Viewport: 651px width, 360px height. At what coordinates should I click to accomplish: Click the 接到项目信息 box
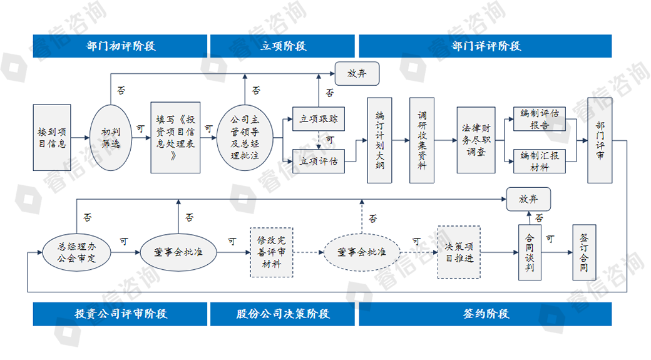(x=51, y=137)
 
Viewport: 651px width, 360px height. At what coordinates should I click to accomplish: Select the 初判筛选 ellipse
(x=110, y=137)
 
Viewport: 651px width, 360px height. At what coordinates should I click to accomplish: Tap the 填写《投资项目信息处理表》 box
(x=175, y=137)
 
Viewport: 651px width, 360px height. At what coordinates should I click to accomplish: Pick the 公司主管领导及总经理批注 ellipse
(x=245, y=137)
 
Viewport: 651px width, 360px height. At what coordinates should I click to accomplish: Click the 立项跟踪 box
(x=319, y=119)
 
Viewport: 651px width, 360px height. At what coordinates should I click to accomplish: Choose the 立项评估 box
(x=319, y=161)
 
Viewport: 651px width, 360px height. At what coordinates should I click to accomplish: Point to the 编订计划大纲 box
(x=379, y=140)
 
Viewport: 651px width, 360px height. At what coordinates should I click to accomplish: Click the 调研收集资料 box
(x=422, y=140)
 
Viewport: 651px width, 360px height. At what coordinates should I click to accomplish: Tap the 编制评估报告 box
(x=540, y=119)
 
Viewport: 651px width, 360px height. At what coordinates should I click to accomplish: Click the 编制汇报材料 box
(x=540, y=161)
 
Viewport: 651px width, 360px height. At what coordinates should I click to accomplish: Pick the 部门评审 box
(x=600, y=140)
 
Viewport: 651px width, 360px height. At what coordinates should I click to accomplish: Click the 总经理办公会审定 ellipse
(x=78, y=252)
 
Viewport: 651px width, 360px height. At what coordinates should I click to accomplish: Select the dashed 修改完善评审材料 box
(x=272, y=252)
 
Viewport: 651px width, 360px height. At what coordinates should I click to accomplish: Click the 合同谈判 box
(x=530, y=252)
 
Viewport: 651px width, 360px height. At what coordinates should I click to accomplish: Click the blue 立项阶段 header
(x=283, y=46)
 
